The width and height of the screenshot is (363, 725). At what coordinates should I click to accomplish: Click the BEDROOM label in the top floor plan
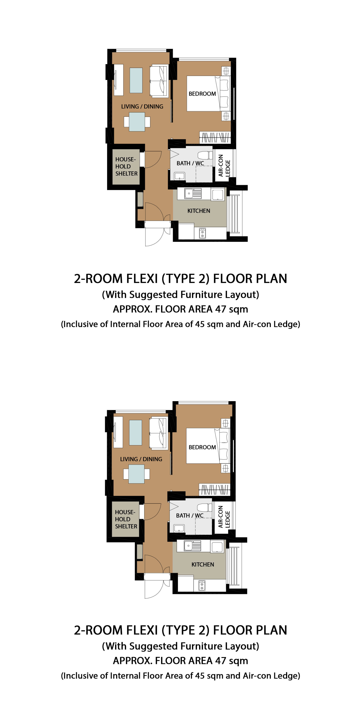(202, 94)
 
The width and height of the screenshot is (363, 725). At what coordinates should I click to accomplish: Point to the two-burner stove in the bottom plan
(202, 585)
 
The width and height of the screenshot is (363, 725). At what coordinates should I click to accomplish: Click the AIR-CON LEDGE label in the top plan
(224, 166)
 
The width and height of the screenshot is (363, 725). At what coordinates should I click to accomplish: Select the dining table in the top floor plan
(137, 122)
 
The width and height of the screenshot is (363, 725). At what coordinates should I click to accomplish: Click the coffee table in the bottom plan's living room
(135, 433)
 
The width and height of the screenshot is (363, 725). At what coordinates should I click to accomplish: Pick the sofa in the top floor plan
(159, 81)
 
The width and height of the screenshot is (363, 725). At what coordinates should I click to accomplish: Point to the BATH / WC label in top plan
(190, 163)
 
